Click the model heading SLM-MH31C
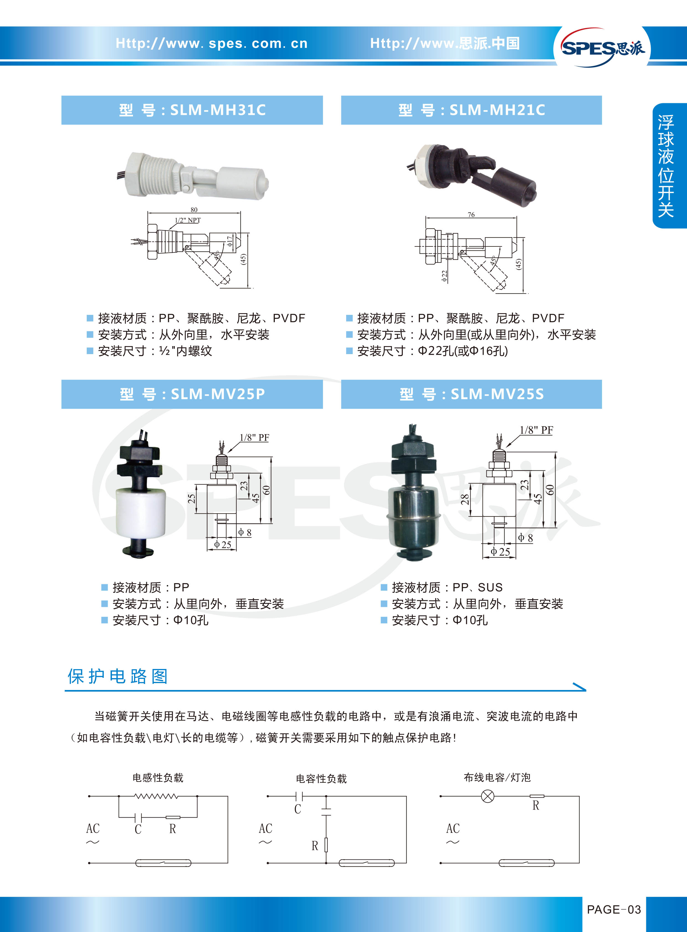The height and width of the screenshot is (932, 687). click(192, 110)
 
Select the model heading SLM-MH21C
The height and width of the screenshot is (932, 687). click(471, 110)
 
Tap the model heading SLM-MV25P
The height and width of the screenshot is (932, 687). click(192, 394)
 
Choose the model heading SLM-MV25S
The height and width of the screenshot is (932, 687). click(471, 394)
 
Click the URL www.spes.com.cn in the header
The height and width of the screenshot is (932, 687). click(212, 43)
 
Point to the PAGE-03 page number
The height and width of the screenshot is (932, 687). click(614, 910)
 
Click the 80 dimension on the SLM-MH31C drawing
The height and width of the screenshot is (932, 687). click(194, 210)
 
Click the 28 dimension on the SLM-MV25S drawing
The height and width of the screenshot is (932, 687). click(465, 499)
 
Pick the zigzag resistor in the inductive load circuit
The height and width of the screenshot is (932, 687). click(156, 796)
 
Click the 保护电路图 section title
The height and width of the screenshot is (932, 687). click(118, 676)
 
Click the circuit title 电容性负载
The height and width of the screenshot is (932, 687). click(321, 779)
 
